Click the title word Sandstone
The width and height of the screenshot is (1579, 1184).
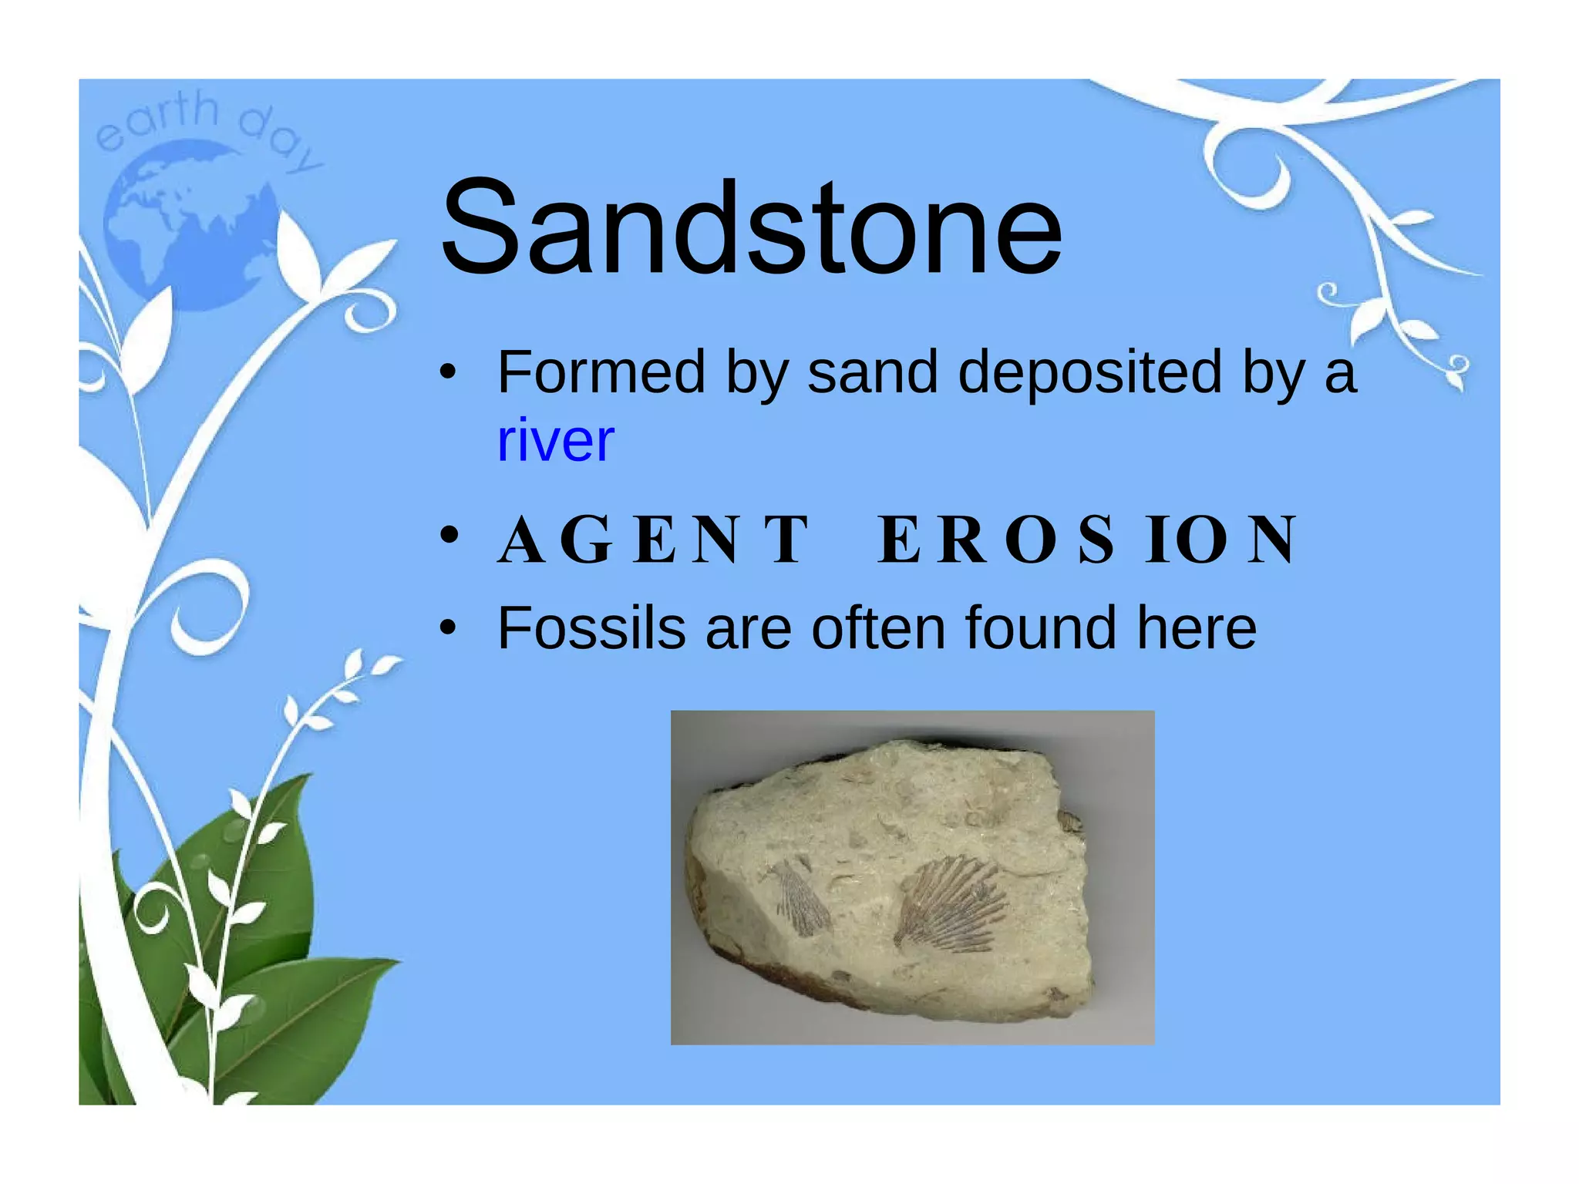tap(751, 227)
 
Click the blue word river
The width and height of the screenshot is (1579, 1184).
tap(555, 441)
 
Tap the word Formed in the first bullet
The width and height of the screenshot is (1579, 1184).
tap(601, 372)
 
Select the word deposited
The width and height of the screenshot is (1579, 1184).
tap(1089, 372)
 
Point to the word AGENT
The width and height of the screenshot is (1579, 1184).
tap(654, 540)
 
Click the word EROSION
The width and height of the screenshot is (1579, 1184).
tap(1087, 540)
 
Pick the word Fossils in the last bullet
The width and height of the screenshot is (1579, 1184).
tap(591, 628)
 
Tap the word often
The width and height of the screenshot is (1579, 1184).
tap(878, 628)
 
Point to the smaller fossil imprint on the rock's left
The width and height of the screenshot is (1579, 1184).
tap(802, 898)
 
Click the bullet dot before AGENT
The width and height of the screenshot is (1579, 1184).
tap(449, 535)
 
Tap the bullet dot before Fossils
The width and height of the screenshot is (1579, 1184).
tap(448, 628)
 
